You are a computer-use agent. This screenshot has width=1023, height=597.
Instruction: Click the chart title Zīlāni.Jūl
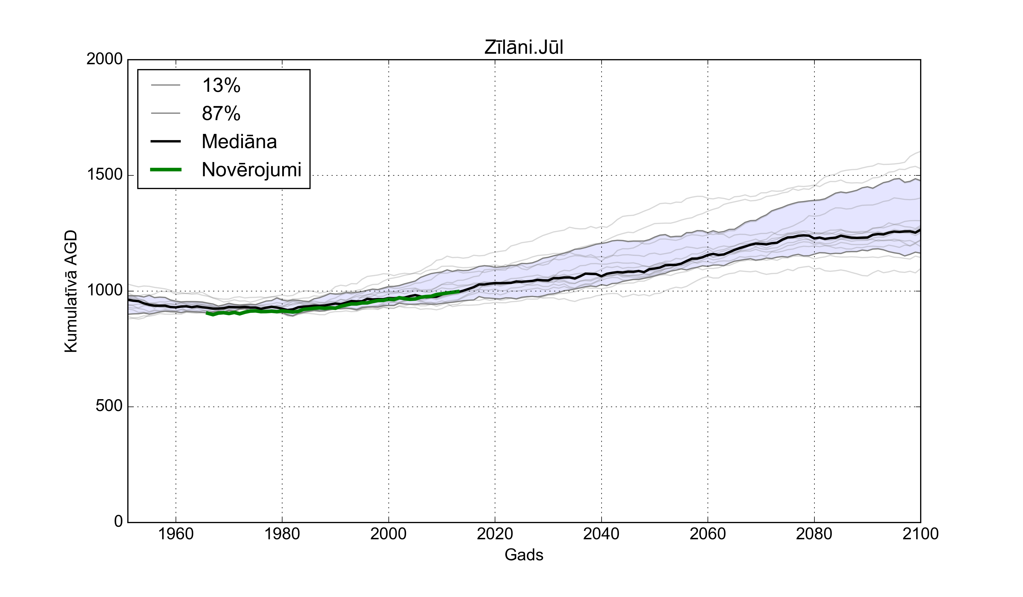pos(524,47)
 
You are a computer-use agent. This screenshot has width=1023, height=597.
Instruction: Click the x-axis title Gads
pos(524,555)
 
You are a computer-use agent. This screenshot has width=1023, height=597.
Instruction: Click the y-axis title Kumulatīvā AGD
pos(71,291)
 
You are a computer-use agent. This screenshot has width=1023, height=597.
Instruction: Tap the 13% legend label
pos(221,85)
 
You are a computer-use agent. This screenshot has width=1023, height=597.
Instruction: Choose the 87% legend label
pos(221,113)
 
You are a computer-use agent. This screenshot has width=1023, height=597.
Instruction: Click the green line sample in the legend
pos(166,169)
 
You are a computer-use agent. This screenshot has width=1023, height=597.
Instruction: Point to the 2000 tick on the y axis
pos(104,59)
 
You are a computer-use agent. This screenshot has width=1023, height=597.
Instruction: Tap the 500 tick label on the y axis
pos(109,406)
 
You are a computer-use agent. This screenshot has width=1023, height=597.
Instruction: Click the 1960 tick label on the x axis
pos(176,534)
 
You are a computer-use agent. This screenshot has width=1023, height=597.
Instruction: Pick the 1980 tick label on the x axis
pos(282,534)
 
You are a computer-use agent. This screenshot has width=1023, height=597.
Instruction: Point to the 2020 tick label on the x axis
pos(495,534)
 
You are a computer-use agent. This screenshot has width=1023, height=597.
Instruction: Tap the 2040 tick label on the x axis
pos(601,534)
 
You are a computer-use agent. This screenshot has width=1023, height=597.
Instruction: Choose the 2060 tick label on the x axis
pos(708,534)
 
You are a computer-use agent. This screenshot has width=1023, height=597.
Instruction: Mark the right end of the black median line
pos(920,230)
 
